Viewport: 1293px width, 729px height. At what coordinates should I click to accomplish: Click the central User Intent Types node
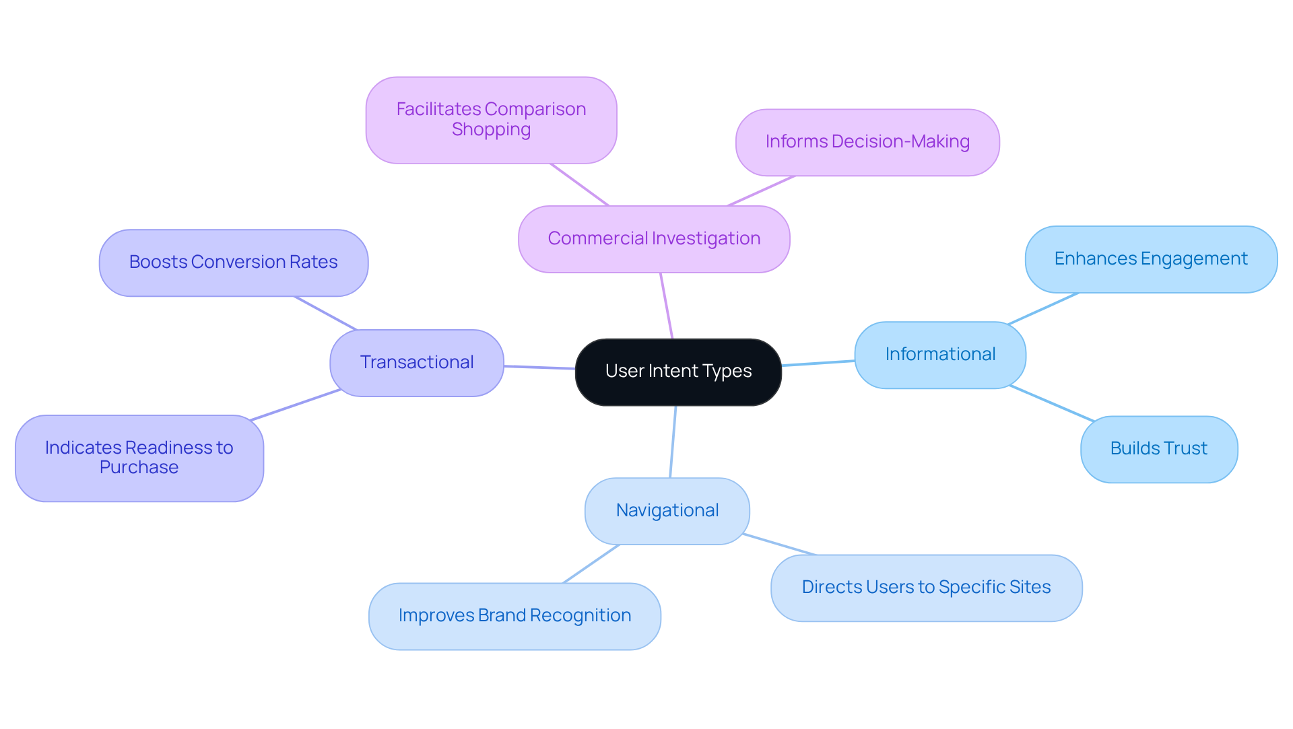(x=678, y=372)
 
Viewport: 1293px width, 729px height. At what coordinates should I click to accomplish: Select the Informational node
(x=940, y=355)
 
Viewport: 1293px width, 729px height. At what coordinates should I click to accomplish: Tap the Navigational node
(x=667, y=511)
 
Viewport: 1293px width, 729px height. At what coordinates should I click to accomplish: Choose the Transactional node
(x=417, y=363)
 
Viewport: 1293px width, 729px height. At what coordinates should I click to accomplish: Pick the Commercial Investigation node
(x=654, y=239)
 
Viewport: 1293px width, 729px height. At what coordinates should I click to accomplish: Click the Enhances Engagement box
(x=1151, y=259)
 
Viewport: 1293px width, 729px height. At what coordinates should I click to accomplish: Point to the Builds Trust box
(x=1159, y=449)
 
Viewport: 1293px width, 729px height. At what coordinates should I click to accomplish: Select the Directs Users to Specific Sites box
(x=926, y=588)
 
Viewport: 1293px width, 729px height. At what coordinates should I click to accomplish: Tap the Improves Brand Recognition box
(x=515, y=616)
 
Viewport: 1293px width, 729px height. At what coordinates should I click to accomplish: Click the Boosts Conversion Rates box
(x=234, y=263)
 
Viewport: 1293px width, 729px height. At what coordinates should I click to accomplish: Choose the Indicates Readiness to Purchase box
(x=139, y=458)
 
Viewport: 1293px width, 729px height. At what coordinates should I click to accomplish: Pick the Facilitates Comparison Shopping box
(x=491, y=120)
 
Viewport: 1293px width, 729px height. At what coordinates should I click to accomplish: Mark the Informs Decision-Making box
(x=867, y=142)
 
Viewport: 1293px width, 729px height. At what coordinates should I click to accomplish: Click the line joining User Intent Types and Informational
(x=818, y=363)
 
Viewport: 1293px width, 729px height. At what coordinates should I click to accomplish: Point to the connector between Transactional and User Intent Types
(x=539, y=368)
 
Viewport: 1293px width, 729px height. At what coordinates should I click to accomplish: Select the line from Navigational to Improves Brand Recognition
(x=591, y=564)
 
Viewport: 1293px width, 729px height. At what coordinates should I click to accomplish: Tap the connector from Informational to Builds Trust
(x=1052, y=404)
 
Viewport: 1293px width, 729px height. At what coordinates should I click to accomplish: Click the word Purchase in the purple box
(x=139, y=468)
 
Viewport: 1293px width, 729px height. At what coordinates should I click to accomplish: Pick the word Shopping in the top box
(x=491, y=130)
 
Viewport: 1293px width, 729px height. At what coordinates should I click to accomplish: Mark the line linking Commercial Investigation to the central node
(x=666, y=306)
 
